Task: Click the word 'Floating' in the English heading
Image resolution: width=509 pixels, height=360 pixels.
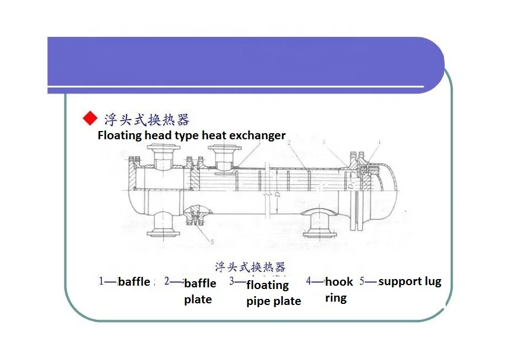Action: click(x=120, y=135)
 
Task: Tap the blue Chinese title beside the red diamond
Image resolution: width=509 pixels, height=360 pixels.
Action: click(x=147, y=119)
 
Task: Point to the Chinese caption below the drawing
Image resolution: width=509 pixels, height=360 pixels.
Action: click(x=250, y=267)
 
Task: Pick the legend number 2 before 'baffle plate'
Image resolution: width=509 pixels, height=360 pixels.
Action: click(x=166, y=281)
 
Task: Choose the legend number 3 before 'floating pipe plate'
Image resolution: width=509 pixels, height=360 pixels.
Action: click(x=232, y=281)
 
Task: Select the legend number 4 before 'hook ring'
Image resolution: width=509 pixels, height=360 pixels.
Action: click(x=308, y=281)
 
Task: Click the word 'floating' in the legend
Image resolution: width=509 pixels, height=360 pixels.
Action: click(x=267, y=285)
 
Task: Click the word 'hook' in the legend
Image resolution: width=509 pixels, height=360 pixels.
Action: click(x=339, y=282)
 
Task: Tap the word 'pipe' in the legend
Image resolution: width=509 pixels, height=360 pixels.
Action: click(x=258, y=301)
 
